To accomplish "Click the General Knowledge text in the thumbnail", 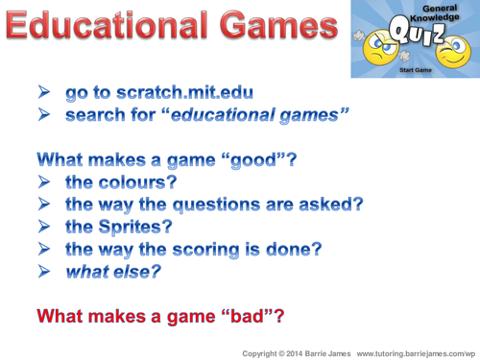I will click(x=415, y=11).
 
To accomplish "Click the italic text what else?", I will click(x=112, y=272).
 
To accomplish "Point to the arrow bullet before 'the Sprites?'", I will click(x=45, y=227).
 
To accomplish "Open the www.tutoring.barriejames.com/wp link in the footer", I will click(x=417, y=351).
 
